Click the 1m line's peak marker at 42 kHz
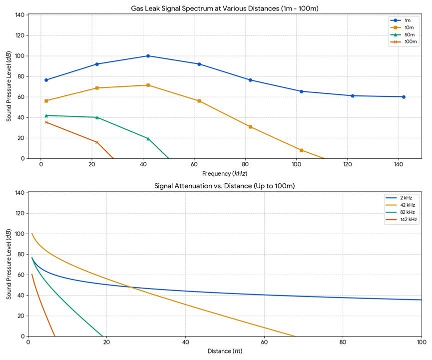tap(148, 56)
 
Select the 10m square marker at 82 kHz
tap(250, 127)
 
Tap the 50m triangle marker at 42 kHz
tap(148, 138)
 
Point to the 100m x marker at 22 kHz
tap(97, 142)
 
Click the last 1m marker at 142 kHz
tap(404, 97)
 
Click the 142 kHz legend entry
tap(402, 220)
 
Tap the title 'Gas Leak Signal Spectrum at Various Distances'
tap(224, 8)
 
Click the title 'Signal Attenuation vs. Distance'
tap(224, 186)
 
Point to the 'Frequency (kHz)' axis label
tap(224, 173)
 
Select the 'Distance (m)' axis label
tap(225, 351)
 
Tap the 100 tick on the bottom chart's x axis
tap(421, 343)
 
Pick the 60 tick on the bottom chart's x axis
tap(264, 343)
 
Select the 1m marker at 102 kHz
tap(301, 91)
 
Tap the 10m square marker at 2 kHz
tap(46, 101)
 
